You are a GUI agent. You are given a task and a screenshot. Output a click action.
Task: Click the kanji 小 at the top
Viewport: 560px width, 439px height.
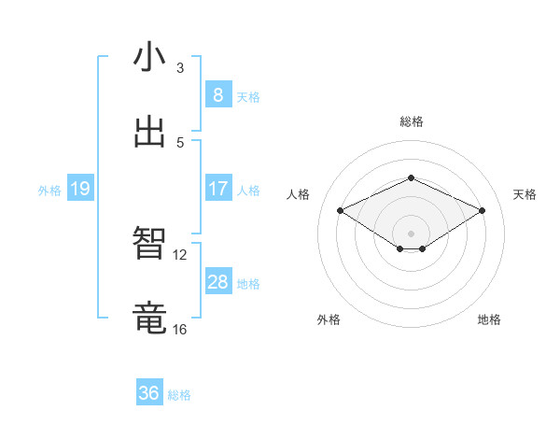pyautogui.click(x=149, y=57)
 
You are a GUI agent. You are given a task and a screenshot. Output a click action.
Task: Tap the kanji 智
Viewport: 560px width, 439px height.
pyautogui.click(x=149, y=244)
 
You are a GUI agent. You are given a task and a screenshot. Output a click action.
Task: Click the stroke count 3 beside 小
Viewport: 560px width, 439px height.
pyautogui.click(x=180, y=68)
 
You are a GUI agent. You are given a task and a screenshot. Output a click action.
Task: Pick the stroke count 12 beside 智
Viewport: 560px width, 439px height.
pyautogui.click(x=180, y=254)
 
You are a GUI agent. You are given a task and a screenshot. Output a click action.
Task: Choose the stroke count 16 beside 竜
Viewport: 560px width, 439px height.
pyautogui.click(x=180, y=329)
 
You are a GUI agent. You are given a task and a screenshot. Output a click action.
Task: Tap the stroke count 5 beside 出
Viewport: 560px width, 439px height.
pyautogui.click(x=180, y=142)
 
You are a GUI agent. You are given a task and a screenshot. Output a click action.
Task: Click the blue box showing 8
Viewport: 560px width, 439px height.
pyautogui.click(x=217, y=94)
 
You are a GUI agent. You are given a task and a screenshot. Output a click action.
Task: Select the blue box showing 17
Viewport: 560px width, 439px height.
pyautogui.click(x=217, y=188)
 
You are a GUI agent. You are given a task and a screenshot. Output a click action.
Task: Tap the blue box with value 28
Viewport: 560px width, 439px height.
pyautogui.click(x=217, y=281)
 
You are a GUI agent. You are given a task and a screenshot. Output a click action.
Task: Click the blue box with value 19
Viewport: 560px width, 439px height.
pyautogui.click(x=79, y=189)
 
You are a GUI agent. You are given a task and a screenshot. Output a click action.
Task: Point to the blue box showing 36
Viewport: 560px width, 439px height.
pyautogui.click(x=149, y=393)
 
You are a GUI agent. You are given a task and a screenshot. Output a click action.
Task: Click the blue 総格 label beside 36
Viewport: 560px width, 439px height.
pyautogui.click(x=179, y=395)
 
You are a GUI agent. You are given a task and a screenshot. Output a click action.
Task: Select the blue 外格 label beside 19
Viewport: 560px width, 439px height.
pyautogui.click(x=49, y=191)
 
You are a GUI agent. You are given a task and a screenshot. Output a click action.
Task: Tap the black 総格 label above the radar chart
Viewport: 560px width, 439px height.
pyautogui.click(x=412, y=121)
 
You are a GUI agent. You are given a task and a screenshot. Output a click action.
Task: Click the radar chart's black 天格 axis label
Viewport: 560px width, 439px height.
pyautogui.click(x=525, y=194)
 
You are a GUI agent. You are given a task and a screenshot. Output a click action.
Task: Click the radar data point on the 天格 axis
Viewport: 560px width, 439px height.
pyautogui.click(x=482, y=211)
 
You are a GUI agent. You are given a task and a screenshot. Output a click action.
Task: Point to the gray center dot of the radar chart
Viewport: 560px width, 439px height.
pyautogui.click(x=412, y=233)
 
